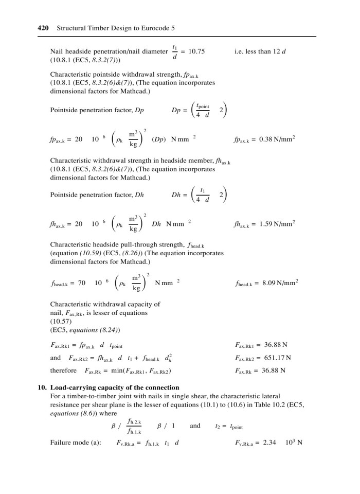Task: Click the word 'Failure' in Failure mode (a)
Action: [61, 442]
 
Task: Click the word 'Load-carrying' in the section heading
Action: [71, 387]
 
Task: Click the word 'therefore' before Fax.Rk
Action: [63, 370]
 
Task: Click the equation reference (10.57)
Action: [62, 321]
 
